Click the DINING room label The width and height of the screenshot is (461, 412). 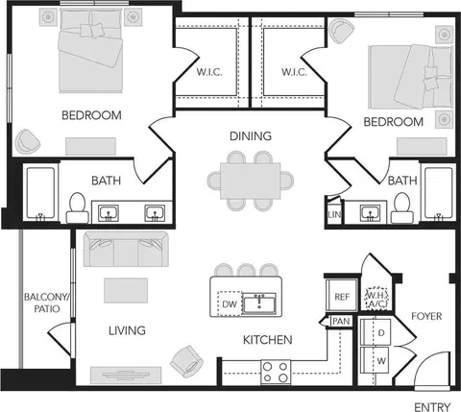click(x=251, y=136)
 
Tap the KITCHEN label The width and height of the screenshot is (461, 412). click(x=268, y=340)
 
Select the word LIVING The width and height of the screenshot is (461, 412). click(x=127, y=330)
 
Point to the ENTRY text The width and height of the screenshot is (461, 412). click(x=432, y=407)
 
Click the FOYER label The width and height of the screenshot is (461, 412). click(x=426, y=316)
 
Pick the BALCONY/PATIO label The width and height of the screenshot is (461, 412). click(x=47, y=303)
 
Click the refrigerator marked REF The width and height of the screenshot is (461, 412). click(x=342, y=295)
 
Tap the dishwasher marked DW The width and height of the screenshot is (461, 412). click(x=230, y=303)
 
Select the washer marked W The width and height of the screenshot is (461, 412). click(x=376, y=360)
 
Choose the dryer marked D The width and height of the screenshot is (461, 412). click(x=376, y=332)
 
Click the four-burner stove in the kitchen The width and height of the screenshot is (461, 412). click(x=276, y=372)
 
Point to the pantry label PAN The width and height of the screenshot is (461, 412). click(x=341, y=321)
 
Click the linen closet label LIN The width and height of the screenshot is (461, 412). click(x=334, y=214)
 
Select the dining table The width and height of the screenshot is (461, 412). click(x=251, y=181)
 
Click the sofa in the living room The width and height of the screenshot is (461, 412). click(x=126, y=250)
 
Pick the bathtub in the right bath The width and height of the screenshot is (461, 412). click(x=438, y=193)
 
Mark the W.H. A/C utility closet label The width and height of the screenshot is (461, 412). click(x=376, y=300)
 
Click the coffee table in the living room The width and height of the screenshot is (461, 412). click(x=126, y=290)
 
